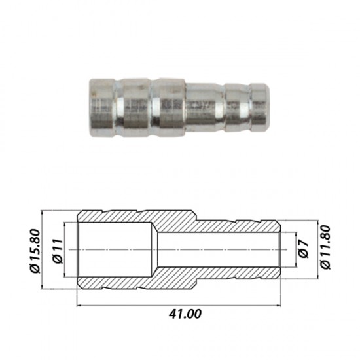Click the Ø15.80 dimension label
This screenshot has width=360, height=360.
pyautogui.click(x=35, y=251)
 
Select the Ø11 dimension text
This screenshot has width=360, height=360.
pyautogui.click(x=58, y=251)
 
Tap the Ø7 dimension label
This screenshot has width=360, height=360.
pyautogui.click(x=304, y=249)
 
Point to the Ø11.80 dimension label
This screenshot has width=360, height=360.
pyautogui.click(x=325, y=247)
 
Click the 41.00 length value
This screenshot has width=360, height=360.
pyautogui.click(x=185, y=314)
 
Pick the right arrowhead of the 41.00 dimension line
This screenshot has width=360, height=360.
pyautogui.click(x=278, y=306)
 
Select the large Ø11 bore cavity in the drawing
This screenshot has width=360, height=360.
pyautogui.click(x=115, y=249)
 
